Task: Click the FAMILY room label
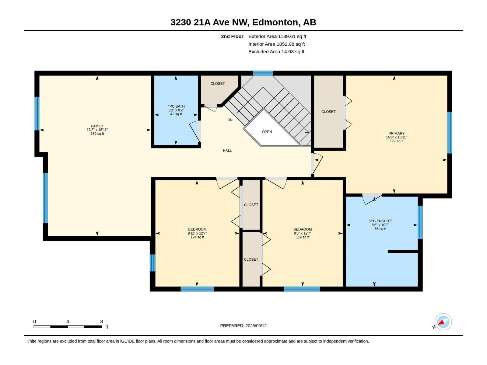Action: (97, 126)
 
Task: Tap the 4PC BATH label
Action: (176, 106)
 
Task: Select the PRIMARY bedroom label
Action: (396, 134)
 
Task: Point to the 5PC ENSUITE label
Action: (380, 221)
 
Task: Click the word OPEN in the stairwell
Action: (267, 132)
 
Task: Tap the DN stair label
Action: (230, 120)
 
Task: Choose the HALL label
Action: (227, 151)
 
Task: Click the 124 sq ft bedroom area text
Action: (197, 237)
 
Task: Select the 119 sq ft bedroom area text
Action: (303, 237)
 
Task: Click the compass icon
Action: (443, 322)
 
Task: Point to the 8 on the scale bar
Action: (102, 322)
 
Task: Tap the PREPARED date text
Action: (243, 326)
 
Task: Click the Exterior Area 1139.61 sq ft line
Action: (277, 36)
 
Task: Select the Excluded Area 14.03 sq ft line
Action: (276, 52)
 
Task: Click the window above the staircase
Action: (263, 73)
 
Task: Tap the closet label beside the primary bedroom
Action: (328, 112)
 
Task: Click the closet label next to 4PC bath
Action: (217, 84)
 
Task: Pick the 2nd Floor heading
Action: (232, 36)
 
